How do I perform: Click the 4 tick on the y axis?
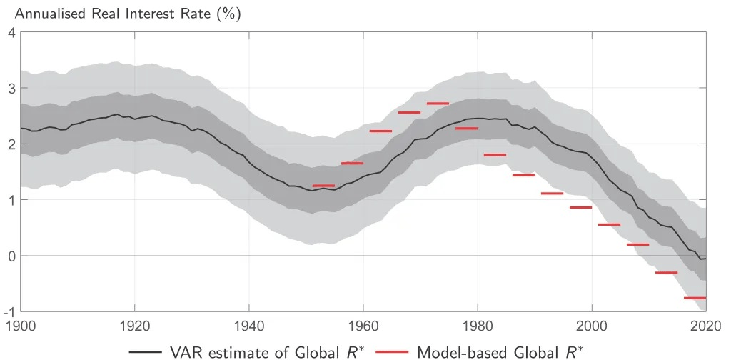[11, 32]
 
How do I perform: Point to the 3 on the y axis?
[11, 88]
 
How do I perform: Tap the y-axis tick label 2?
[11, 144]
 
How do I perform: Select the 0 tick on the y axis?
[11, 256]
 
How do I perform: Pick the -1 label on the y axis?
[9, 311]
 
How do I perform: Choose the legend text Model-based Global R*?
[500, 351]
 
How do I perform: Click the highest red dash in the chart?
[438, 104]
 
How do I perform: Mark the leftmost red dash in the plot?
[323, 186]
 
